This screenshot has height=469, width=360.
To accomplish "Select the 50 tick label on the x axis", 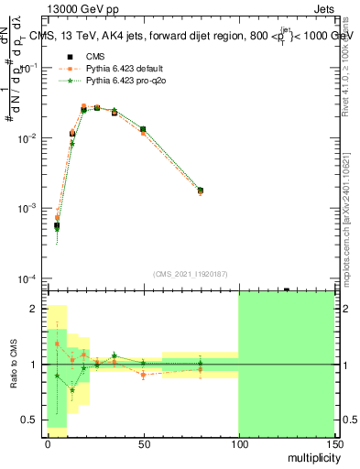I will tap(143, 443).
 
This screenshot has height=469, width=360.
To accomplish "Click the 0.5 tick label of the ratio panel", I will tap(31, 420).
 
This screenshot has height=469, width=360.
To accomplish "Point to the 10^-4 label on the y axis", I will tap(28, 278).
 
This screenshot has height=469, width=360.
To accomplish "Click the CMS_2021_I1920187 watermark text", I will tap(191, 274).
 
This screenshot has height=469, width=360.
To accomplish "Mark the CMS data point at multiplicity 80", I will tap(201, 190).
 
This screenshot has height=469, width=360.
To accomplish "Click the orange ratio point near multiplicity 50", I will tap(143, 375).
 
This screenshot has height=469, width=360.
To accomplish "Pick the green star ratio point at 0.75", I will tap(72, 390).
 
